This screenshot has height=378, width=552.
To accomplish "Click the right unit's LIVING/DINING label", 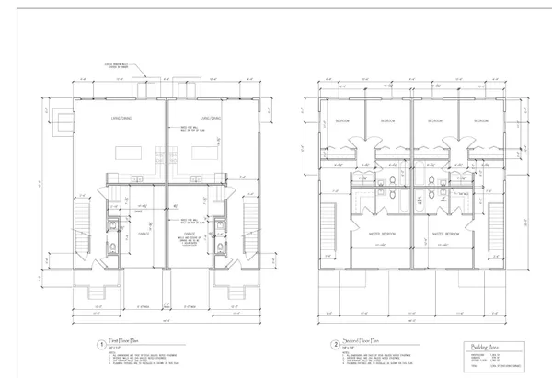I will (211, 117).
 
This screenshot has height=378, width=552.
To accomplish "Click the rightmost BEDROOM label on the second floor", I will (480, 120).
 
